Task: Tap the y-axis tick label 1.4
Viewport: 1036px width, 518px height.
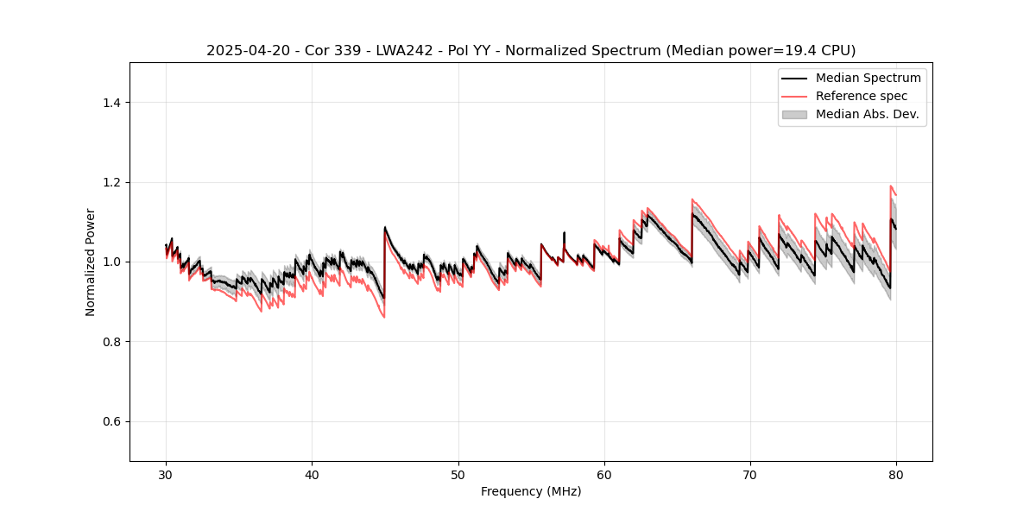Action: click(111, 103)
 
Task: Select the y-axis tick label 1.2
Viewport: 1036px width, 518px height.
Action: click(111, 182)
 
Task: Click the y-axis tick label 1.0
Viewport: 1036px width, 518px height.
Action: click(111, 262)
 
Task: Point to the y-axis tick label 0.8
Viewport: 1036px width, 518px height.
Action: click(111, 342)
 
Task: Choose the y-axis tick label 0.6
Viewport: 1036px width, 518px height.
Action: click(111, 421)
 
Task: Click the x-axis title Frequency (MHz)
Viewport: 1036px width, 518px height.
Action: click(531, 491)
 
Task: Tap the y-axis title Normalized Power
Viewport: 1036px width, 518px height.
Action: click(91, 262)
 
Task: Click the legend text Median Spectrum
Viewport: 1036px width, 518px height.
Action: click(868, 78)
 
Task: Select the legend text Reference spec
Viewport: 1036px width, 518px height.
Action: click(862, 96)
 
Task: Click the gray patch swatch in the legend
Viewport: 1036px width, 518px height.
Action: click(794, 114)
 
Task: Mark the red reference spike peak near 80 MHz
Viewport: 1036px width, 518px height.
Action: click(890, 186)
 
